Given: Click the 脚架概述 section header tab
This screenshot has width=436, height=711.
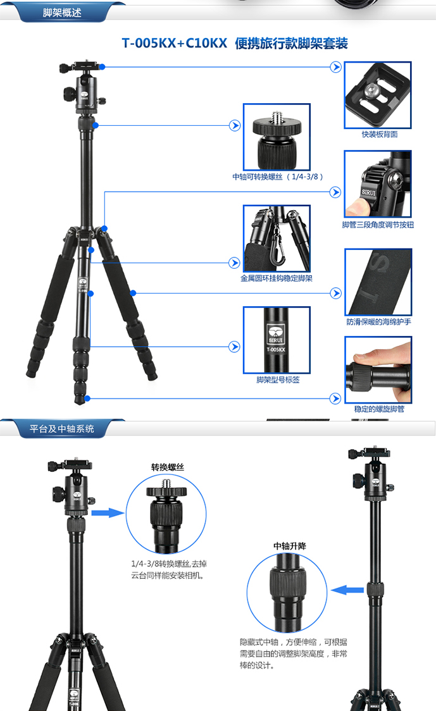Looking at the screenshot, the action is point(62,12).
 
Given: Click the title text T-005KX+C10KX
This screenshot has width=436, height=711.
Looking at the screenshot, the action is point(174,43).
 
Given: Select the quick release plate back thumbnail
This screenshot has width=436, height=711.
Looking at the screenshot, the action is point(378,96).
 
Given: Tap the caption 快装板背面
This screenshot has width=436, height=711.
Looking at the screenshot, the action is point(380,134).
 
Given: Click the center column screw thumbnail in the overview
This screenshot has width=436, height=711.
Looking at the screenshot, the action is point(277,137).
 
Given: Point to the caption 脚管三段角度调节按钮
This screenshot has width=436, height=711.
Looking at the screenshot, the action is point(378,225).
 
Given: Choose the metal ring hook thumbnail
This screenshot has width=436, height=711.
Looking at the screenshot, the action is point(277,238).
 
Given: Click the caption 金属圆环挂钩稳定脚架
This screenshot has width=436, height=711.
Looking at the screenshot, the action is point(277,278).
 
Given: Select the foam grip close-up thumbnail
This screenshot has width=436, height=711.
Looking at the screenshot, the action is point(378,282).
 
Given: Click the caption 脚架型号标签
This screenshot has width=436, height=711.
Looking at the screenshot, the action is point(278,380).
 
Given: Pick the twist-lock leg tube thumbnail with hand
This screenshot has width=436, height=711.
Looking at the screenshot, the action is point(378,370).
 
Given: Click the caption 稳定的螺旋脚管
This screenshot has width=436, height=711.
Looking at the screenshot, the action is point(379,409).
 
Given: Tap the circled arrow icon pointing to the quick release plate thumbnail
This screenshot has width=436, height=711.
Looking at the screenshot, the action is point(336,67).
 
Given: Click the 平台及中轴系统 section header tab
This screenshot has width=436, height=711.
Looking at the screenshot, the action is point(62,428).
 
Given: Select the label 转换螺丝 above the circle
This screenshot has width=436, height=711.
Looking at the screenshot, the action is point(168,467).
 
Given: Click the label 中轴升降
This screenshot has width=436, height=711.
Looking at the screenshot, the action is point(290,546).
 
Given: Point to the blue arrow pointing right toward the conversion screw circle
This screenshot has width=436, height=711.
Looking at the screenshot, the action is point(108,513).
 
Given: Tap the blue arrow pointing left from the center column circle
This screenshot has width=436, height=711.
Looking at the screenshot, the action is point(347,590).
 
